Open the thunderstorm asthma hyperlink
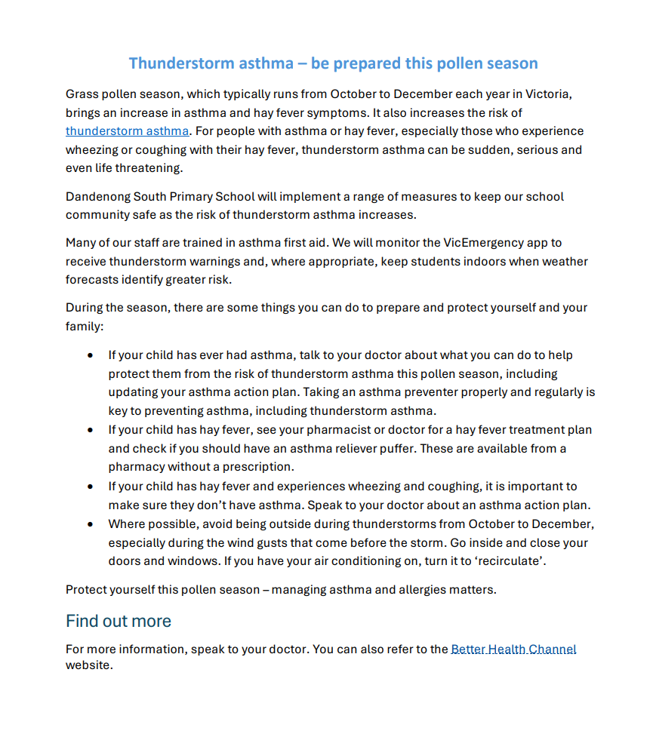click(x=127, y=131)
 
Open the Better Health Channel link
click(x=513, y=649)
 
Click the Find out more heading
click(x=119, y=621)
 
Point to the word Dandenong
click(x=97, y=197)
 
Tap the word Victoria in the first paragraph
click(x=554, y=94)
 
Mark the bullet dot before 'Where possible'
click(x=91, y=524)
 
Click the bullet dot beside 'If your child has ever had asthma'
click(x=91, y=355)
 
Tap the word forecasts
click(x=93, y=280)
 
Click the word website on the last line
click(x=89, y=666)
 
